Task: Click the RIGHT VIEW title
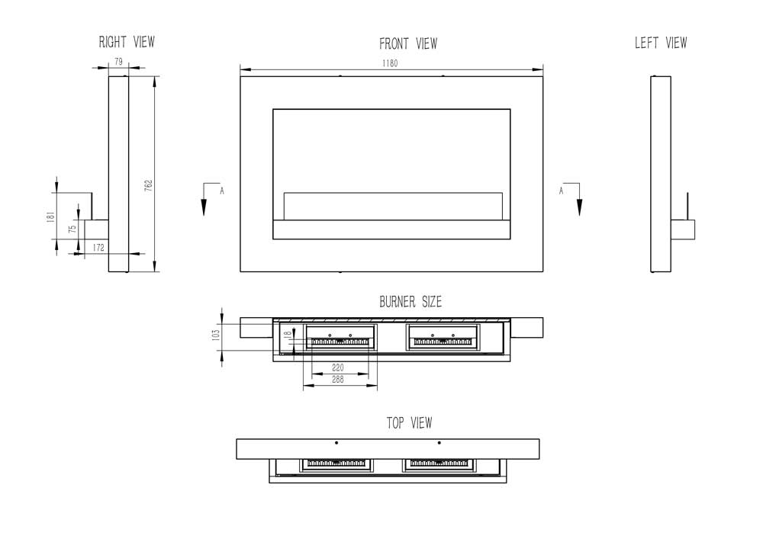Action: pyautogui.click(x=127, y=42)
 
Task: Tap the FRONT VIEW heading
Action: pyautogui.click(x=408, y=44)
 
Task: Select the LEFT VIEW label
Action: pyautogui.click(x=660, y=43)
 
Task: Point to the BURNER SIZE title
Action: pyautogui.click(x=410, y=302)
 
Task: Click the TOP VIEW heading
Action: pyautogui.click(x=409, y=422)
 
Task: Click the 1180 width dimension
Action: pyautogui.click(x=390, y=64)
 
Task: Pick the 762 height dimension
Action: pyautogui.click(x=149, y=185)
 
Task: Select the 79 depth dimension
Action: pyautogui.click(x=118, y=62)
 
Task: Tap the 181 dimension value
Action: pyautogui.click(x=50, y=217)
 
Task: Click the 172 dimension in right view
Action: pyautogui.click(x=98, y=248)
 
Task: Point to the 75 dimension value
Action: pyautogui.click(x=72, y=229)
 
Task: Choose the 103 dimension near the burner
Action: pyautogui.click(x=216, y=332)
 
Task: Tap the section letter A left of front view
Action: pyautogui.click(x=222, y=191)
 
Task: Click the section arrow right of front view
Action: pyautogui.click(x=579, y=202)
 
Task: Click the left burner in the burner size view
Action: pyautogui.click(x=341, y=336)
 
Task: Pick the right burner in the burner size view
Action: pyautogui.click(x=443, y=336)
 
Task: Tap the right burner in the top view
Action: pyautogui.click(x=439, y=464)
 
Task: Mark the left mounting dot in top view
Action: pyautogui.click(x=336, y=442)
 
